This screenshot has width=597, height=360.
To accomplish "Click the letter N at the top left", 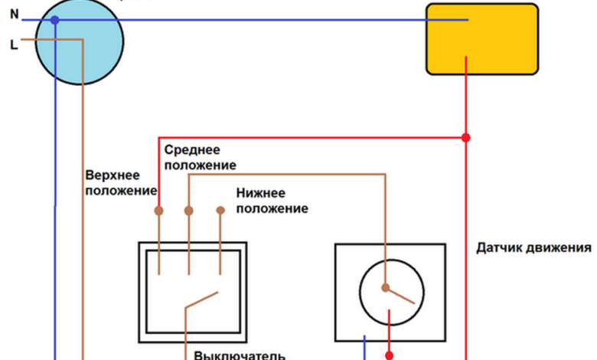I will (x=13, y=14).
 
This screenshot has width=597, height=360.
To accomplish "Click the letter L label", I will (x=13, y=45).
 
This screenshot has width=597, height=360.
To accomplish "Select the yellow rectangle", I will (x=481, y=38).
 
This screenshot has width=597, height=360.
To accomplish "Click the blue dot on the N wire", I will (x=54, y=20).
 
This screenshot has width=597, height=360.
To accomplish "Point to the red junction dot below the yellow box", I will (x=465, y=138).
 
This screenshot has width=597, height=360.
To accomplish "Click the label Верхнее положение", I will (x=121, y=182).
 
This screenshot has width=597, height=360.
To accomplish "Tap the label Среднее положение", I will (x=200, y=156).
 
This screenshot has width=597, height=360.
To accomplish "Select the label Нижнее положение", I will (x=272, y=201).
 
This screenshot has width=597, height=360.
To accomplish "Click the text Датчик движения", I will (x=534, y=247).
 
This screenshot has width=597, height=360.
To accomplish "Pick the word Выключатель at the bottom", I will (x=240, y=355).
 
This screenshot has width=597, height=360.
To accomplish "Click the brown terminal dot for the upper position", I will (x=159, y=210).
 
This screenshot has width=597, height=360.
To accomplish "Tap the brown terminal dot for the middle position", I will (x=189, y=210).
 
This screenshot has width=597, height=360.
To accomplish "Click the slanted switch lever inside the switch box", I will (x=201, y=299).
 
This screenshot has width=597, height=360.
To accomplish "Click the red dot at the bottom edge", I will (x=390, y=355).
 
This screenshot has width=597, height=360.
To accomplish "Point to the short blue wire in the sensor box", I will (x=364, y=346).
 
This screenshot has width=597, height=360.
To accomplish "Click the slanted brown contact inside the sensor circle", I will (x=402, y=294).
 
